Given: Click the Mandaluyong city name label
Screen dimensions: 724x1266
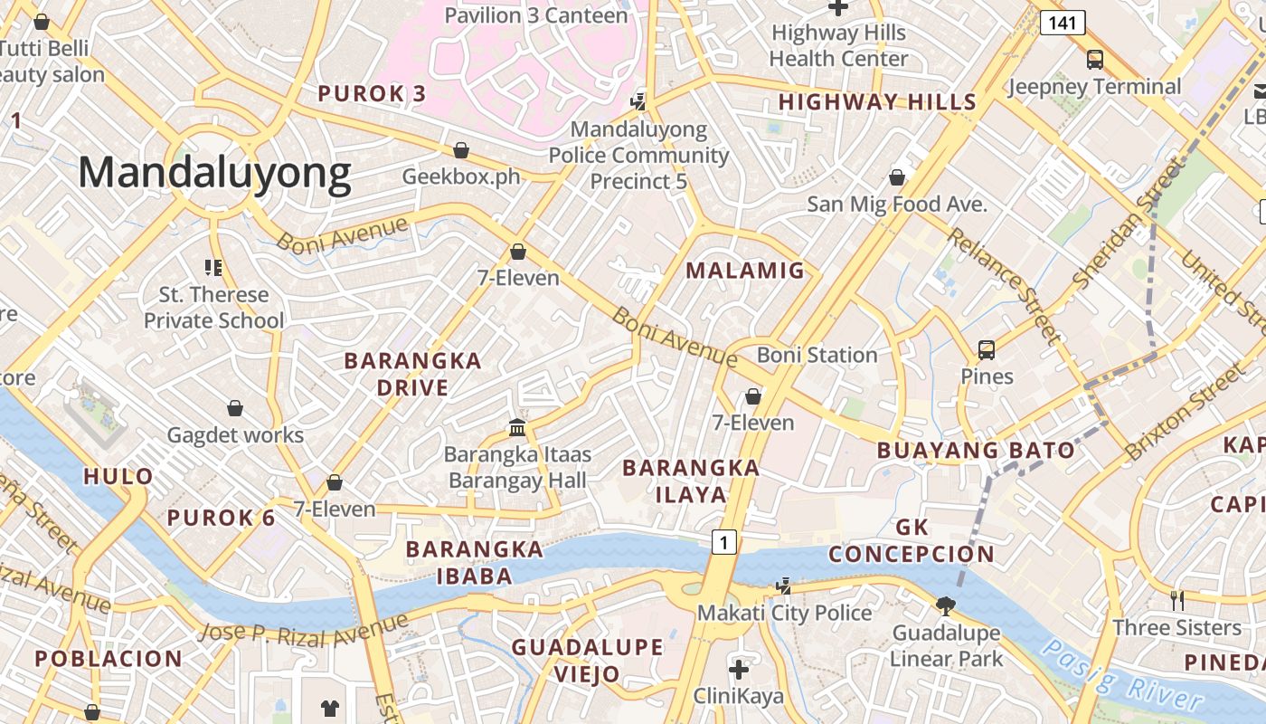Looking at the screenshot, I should pyautogui.click(x=214, y=173).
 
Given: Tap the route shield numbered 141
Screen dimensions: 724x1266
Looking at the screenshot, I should pyautogui.click(x=1062, y=23).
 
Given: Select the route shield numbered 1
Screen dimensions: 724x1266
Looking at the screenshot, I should pyautogui.click(x=723, y=542).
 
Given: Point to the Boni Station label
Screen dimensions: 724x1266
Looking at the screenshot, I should pyautogui.click(x=817, y=355).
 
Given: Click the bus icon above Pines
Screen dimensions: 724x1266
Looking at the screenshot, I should pyautogui.click(x=987, y=349).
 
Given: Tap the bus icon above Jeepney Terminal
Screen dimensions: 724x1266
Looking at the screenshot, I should pyautogui.click(x=1095, y=60).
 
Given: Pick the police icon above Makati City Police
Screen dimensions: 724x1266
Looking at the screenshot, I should pyautogui.click(x=783, y=586).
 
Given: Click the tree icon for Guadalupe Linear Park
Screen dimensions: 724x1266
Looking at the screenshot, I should pyautogui.click(x=946, y=605).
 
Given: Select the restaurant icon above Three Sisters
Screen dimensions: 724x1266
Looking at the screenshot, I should pyautogui.click(x=1177, y=600).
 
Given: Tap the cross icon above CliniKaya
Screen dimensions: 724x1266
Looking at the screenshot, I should pyautogui.click(x=739, y=670).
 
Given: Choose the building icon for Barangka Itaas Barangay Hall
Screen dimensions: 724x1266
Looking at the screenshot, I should pyautogui.click(x=517, y=426).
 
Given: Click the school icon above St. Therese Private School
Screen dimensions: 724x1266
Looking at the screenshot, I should pyautogui.click(x=213, y=267).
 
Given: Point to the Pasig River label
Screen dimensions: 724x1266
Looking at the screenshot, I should pyautogui.click(x=1121, y=674).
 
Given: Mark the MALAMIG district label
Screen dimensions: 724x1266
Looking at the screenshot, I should pyautogui.click(x=745, y=270).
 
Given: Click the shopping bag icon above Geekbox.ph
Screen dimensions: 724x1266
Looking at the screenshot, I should pyautogui.click(x=461, y=149).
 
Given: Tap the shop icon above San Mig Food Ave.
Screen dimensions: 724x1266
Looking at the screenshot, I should pyautogui.click(x=897, y=176).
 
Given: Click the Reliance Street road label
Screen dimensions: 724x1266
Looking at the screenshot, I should pyautogui.click(x=1005, y=285).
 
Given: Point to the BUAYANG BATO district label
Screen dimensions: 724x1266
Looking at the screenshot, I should pyautogui.click(x=976, y=450).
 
